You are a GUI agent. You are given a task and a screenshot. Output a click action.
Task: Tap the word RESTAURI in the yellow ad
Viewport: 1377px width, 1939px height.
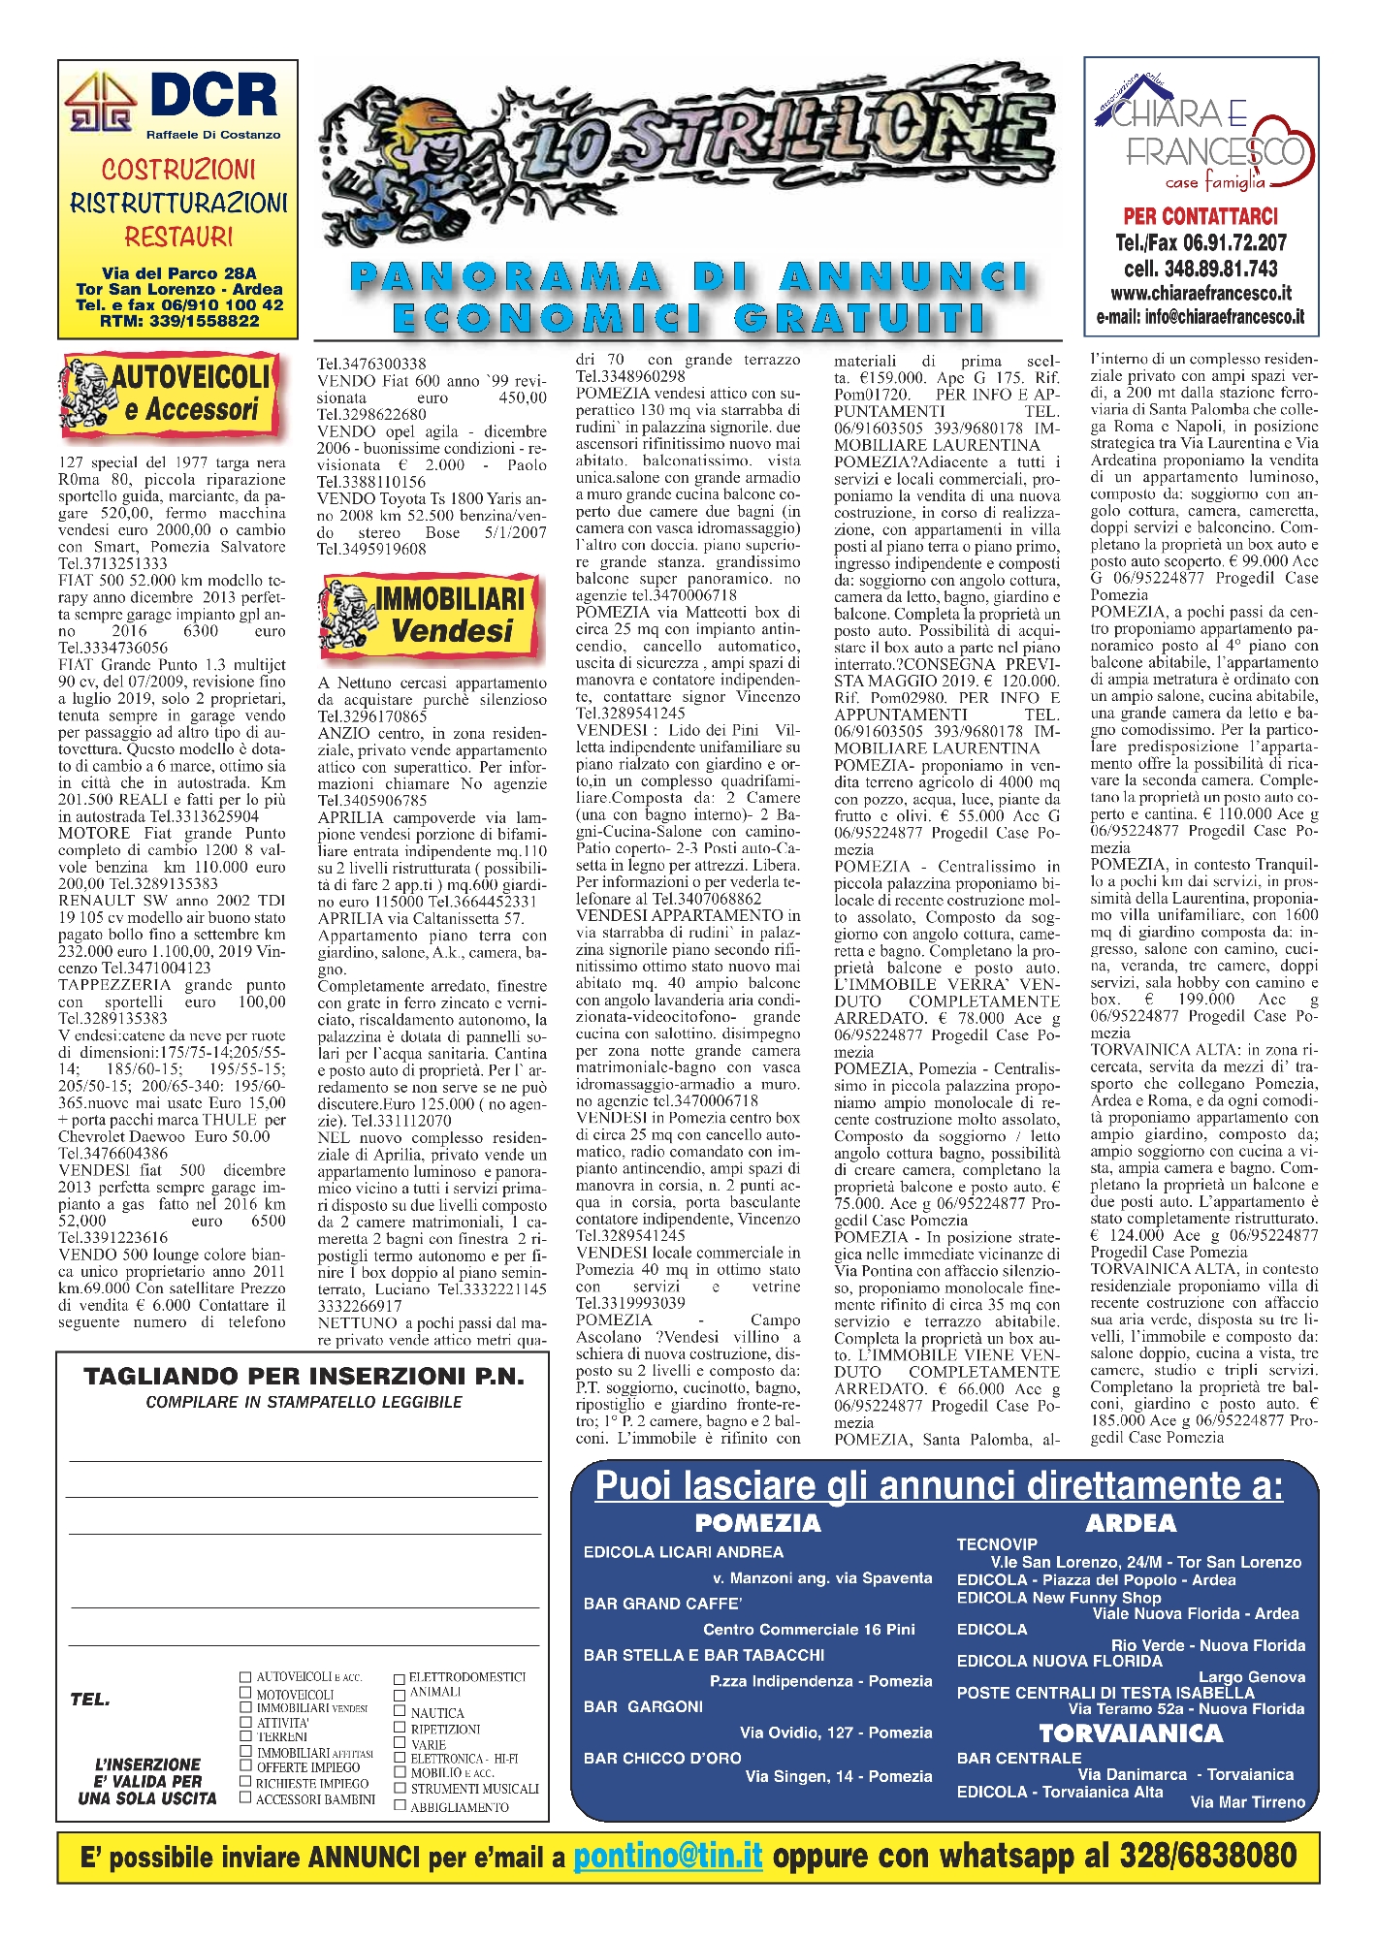point(178,237)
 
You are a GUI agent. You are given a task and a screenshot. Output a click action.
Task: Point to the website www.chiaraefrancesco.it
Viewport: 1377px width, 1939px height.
point(1201,293)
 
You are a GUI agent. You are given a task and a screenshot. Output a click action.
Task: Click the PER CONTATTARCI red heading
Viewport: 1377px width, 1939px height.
point(1201,216)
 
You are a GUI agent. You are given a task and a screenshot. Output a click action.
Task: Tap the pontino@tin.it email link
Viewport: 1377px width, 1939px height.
point(668,1856)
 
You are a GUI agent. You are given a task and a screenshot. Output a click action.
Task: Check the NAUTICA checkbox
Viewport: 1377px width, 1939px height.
point(400,1711)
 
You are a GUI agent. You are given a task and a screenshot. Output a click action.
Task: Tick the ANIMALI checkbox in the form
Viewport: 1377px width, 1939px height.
point(400,1694)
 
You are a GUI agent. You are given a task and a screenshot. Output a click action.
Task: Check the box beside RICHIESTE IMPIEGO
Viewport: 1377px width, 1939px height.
point(245,1781)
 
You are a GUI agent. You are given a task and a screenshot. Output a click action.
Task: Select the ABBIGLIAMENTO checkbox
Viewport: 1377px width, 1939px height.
point(400,1804)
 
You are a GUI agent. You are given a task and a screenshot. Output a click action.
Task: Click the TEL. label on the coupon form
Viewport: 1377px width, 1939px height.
point(90,1700)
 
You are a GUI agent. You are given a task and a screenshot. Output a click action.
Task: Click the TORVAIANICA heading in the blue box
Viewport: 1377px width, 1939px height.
point(1131,1733)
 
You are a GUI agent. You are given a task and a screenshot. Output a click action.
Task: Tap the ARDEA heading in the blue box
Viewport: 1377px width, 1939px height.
point(1131,1523)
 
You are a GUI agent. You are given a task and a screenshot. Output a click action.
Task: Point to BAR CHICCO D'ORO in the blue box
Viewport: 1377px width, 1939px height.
point(662,1758)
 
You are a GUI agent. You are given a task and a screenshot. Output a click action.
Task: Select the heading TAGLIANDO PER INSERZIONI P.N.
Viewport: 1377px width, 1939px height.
point(304,1377)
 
